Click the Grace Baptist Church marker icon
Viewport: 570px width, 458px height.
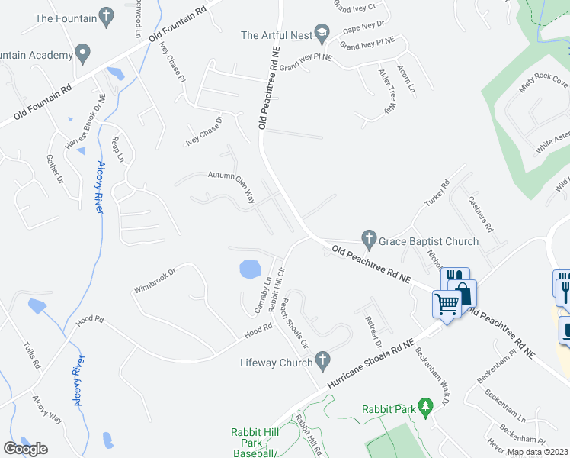[369, 240]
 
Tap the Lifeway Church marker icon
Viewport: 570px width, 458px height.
[323, 359]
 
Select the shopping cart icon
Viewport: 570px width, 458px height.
[447, 305]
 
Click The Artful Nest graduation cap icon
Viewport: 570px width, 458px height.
[323, 34]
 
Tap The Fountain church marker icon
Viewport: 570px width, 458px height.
[107, 16]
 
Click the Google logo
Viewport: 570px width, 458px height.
[25, 449]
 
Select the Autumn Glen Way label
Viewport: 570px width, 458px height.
[231, 186]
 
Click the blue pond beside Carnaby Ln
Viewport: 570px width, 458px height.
[249, 269]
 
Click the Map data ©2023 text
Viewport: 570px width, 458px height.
[538, 452]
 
